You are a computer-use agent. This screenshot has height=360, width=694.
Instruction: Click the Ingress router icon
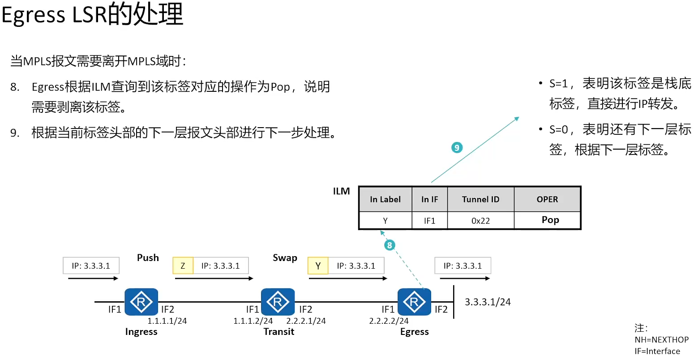[141, 302]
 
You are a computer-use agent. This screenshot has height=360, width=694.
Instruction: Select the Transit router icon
[278, 302]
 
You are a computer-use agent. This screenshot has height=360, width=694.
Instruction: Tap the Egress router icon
[414, 302]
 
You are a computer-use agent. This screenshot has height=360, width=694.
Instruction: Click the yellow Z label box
[183, 266]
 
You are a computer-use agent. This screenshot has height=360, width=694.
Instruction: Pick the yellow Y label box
[318, 266]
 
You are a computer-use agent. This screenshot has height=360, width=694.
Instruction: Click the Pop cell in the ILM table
[550, 220]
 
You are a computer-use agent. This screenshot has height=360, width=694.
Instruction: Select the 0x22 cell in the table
[480, 221]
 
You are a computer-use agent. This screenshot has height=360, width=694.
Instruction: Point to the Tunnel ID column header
[480, 199]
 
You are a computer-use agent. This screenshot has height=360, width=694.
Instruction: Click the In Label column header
[385, 199]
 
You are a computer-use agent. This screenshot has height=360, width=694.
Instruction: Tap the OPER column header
[547, 199]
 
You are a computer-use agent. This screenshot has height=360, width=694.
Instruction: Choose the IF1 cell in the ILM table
[429, 221]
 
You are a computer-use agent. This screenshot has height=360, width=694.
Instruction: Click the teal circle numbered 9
[457, 148]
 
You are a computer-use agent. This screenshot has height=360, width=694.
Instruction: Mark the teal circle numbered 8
[390, 245]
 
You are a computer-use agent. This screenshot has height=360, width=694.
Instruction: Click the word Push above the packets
[148, 257]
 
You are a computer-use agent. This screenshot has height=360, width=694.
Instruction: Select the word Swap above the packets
[285, 257]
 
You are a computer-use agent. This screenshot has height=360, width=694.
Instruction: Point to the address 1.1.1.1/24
[167, 321]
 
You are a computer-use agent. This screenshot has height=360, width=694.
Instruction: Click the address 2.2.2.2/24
[389, 321]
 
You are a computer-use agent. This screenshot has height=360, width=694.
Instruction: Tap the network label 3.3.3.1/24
[488, 302]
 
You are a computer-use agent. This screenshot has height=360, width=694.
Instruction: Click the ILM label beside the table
[341, 191]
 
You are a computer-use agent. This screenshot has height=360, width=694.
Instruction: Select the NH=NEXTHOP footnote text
[661, 339]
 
